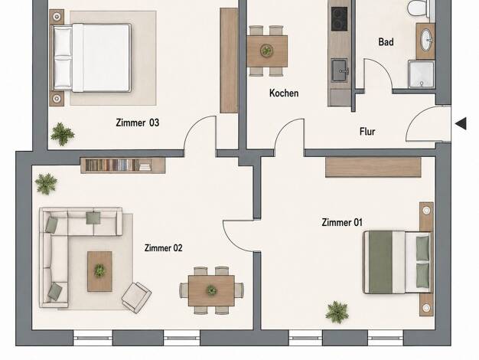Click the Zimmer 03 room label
(138, 123)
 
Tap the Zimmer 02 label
(164, 247)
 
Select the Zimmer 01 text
(342, 222)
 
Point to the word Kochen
(284, 93)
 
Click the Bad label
(386, 41)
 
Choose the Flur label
(367, 132)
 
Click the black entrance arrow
(461, 123)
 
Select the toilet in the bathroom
(419, 8)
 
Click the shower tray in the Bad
(422, 74)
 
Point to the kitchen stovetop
(340, 18)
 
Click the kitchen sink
(340, 70)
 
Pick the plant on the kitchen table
(267, 50)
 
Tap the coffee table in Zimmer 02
(99, 271)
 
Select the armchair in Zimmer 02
(136, 297)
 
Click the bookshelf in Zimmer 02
(122, 165)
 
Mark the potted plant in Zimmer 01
(337, 312)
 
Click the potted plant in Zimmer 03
(62, 134)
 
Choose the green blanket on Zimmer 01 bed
(380, 262)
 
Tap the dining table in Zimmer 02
(211, 290)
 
